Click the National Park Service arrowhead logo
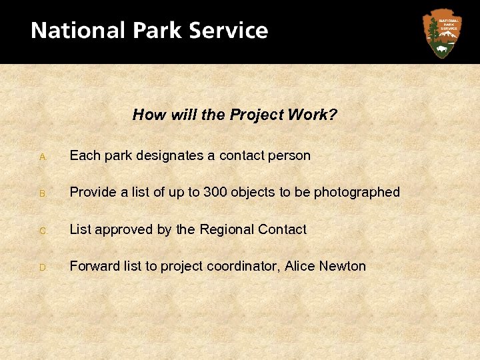tap(441, 33)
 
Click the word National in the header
tap(77, 31)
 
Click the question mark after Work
tap(333, 115)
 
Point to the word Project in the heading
tap(257, 115)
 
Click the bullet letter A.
tap(42, 157)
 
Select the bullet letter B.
tap(42, 194)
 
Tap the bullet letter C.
tap(42, 231)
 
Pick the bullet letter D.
tap(42, 268)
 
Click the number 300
tap(215, 193)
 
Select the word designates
tap(170, 156)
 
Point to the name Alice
tap(300, 267)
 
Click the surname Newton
tap(343, 267)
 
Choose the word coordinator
tap(243, 267)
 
